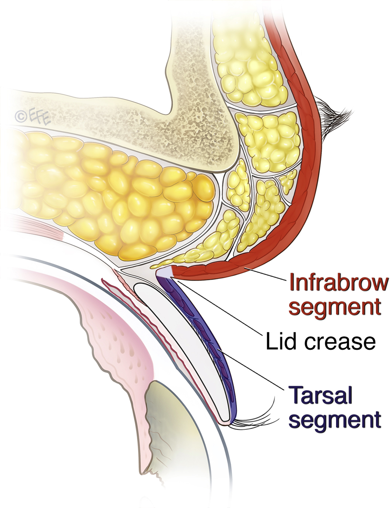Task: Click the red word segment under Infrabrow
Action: [x=335, y=307]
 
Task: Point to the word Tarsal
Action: [x=320, y=395]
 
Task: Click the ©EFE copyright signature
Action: [x=32, y=116]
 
